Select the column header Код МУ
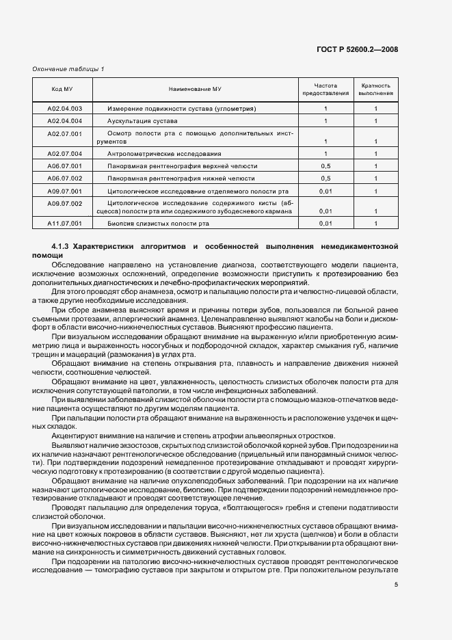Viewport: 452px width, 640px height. coord(64,90)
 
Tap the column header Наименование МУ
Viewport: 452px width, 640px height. coord(195,90)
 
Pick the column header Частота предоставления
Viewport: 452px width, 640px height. coord(325,90)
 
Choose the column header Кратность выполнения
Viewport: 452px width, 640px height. coord(375,90)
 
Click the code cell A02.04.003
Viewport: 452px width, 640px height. coord(64,109)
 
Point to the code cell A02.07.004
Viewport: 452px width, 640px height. coord(64,154)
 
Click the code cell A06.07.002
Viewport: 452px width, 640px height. coord(64,178)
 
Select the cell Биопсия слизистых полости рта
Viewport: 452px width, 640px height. coord(158,224)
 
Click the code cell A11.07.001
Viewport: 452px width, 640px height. coord(64,224)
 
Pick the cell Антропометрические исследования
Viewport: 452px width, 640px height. coord(164,154)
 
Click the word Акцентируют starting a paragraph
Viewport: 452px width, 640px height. coord(72,436)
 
